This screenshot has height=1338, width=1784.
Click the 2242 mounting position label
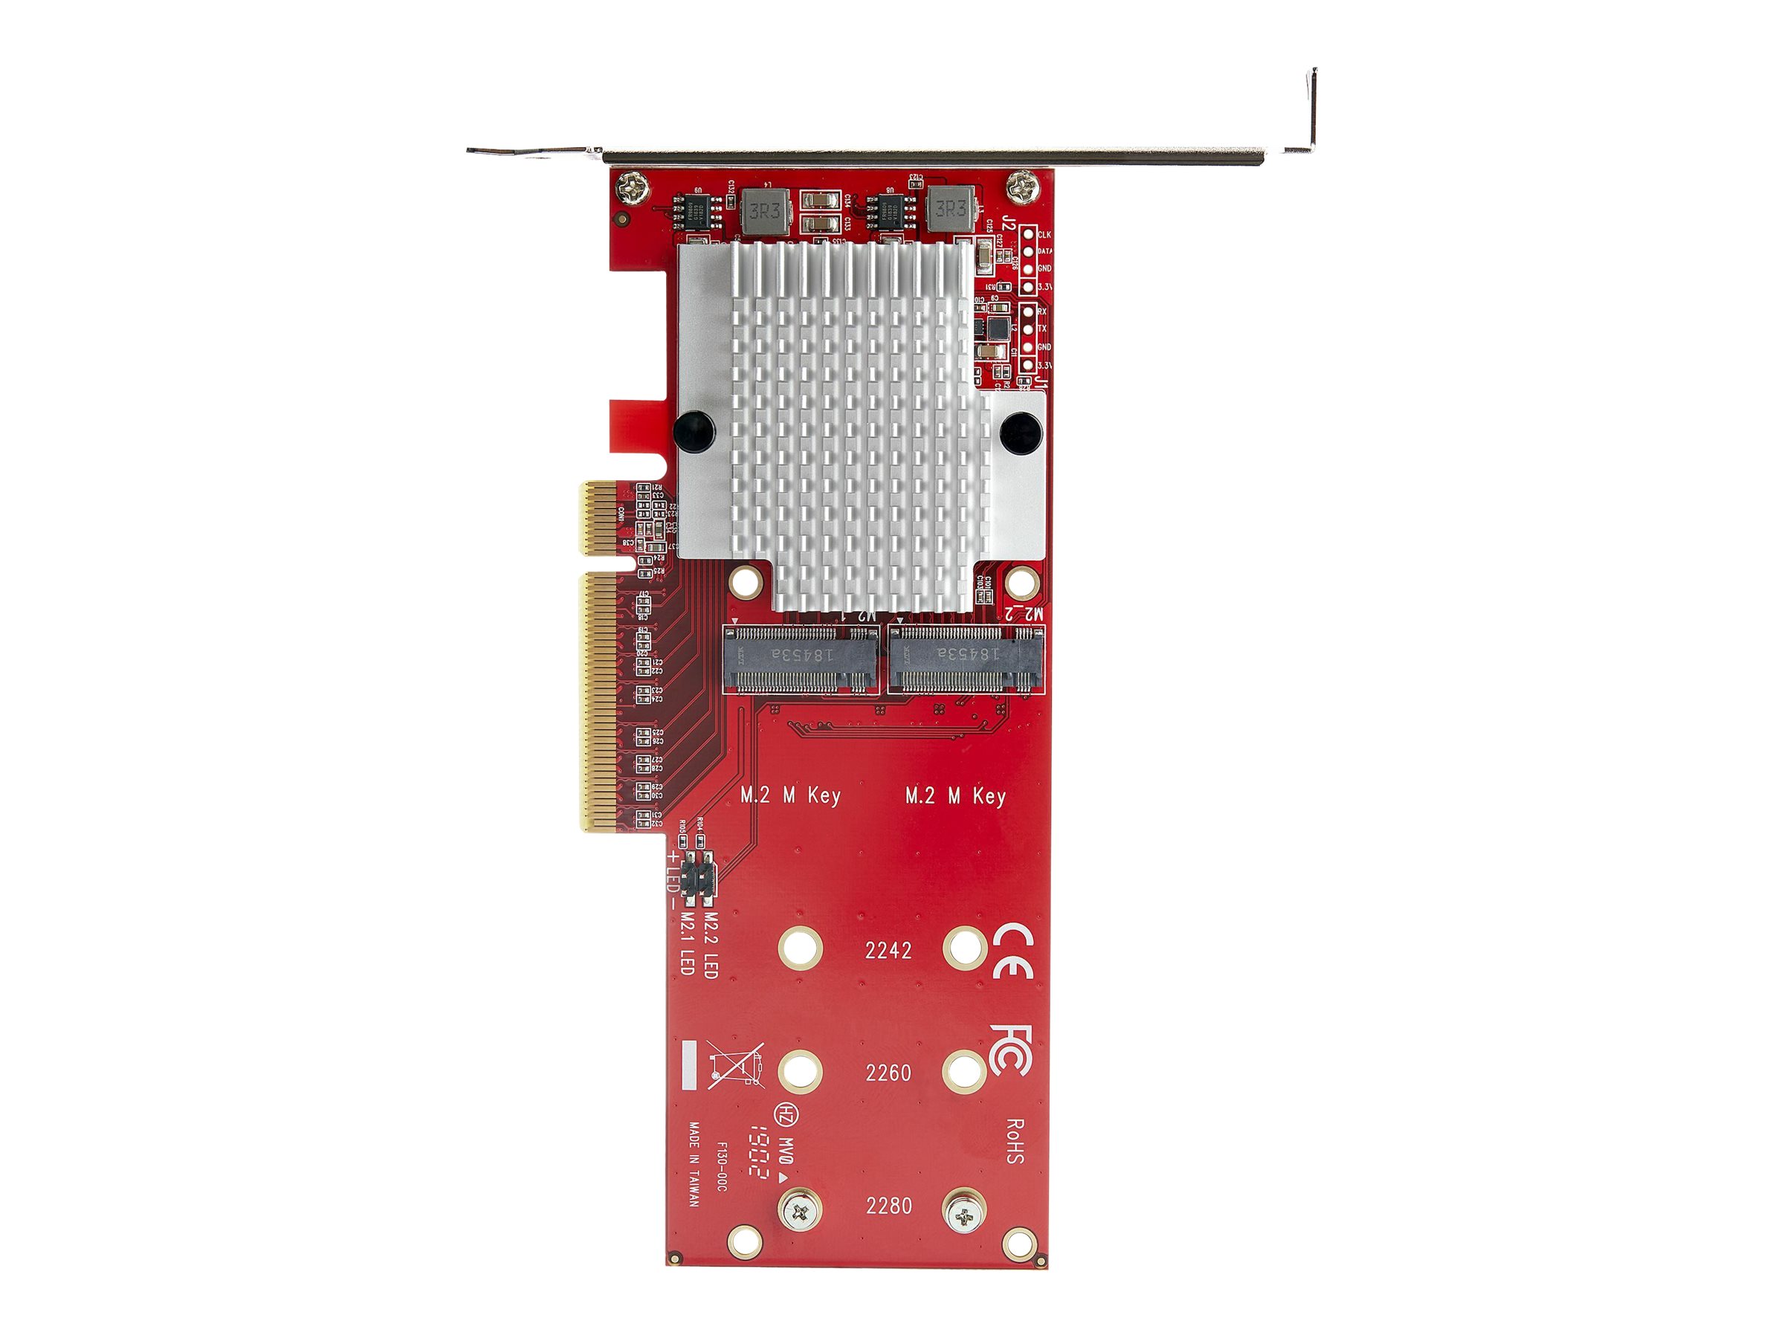tap(888, 951)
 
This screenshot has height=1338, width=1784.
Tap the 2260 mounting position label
tap(888, 1073)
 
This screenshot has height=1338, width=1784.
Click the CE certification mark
tap(1013, 951)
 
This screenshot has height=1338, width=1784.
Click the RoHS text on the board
tap(1015, 1140)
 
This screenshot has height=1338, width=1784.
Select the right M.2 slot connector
tap(966, 659)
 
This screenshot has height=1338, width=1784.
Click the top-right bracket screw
tap(1021, 190)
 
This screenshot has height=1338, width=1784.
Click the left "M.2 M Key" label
tap(790, 796)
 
